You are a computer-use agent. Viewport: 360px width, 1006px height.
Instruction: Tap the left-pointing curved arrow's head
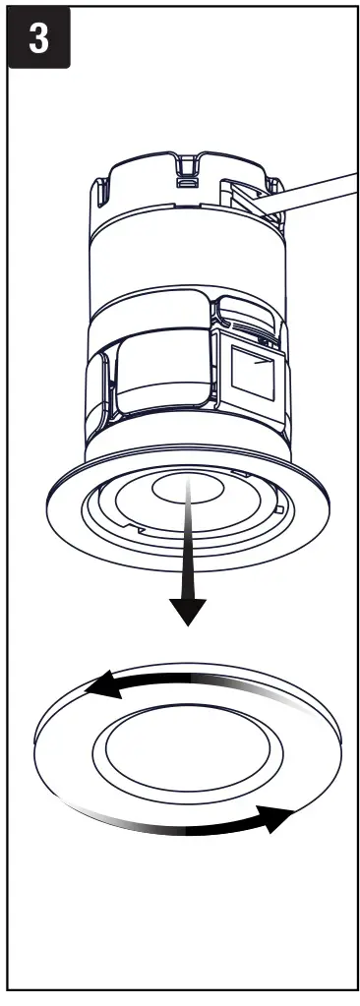click(100, 690)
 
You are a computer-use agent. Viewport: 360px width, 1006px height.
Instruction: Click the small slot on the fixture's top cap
click(184, 181)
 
